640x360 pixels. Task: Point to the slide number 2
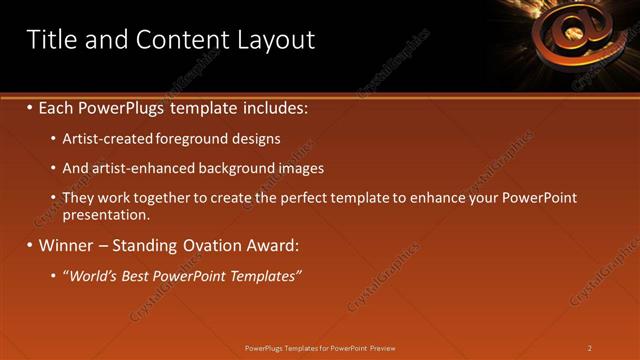click(590, 348)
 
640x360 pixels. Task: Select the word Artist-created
click(103, 139)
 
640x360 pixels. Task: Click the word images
click(300, 168)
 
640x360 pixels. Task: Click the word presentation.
click(105, 214)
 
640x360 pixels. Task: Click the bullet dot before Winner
click(29, 245)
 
